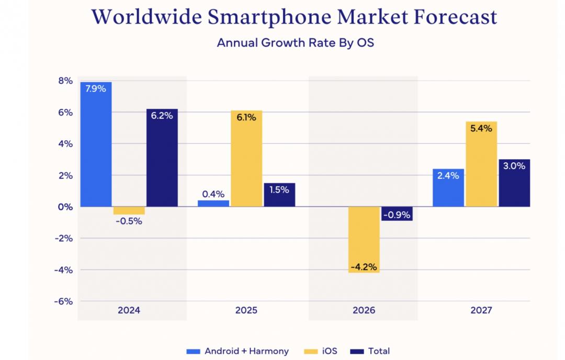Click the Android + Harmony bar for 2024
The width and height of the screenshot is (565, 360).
96,144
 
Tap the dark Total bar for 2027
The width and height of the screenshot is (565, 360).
514,183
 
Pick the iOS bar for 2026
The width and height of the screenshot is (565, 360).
364,240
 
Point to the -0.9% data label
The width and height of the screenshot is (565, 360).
397,214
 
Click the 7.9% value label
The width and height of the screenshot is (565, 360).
96,89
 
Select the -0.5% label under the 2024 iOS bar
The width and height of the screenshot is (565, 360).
129,221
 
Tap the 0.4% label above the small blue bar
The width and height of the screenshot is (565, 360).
213,194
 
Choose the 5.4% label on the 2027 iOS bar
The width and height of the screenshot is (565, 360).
481,128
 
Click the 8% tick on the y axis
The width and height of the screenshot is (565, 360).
65,81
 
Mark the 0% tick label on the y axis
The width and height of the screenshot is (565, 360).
65,207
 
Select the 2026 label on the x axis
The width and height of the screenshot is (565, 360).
364,310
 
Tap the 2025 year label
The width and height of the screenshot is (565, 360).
246,310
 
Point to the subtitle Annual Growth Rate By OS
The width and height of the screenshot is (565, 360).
295,42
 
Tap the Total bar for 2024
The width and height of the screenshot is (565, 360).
162,157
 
